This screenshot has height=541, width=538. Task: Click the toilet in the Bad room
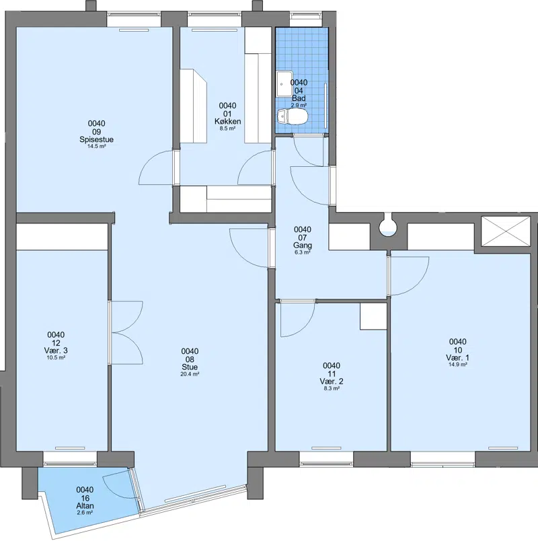[291, 116]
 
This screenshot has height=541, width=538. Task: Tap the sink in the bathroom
[284, 84]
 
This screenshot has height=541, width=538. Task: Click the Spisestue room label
[97, 140]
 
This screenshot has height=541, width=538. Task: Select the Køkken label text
[227, 121]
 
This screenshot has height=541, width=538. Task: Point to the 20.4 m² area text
[190, 374]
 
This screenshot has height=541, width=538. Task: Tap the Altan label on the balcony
[85, 506]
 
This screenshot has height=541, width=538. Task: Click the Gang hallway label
[303, 246]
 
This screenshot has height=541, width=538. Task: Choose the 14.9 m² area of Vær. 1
[458, 364]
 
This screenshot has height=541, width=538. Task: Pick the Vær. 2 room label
[332, 382]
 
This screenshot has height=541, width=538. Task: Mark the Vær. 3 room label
[56, 351]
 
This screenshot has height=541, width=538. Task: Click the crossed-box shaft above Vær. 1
[506, 231]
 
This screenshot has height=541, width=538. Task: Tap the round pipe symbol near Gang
[388, 225]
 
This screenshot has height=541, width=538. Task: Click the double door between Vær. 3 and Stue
[126, 332]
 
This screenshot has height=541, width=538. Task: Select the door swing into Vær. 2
[297, 318]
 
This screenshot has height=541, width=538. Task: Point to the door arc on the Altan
[116, 484]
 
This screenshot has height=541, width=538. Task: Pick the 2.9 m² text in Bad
[299, 105]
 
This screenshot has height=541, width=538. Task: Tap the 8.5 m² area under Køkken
[227, 129]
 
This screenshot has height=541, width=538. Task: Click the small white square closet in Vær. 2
[373, 316]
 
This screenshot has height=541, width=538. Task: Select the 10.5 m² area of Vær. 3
[56, 357]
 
